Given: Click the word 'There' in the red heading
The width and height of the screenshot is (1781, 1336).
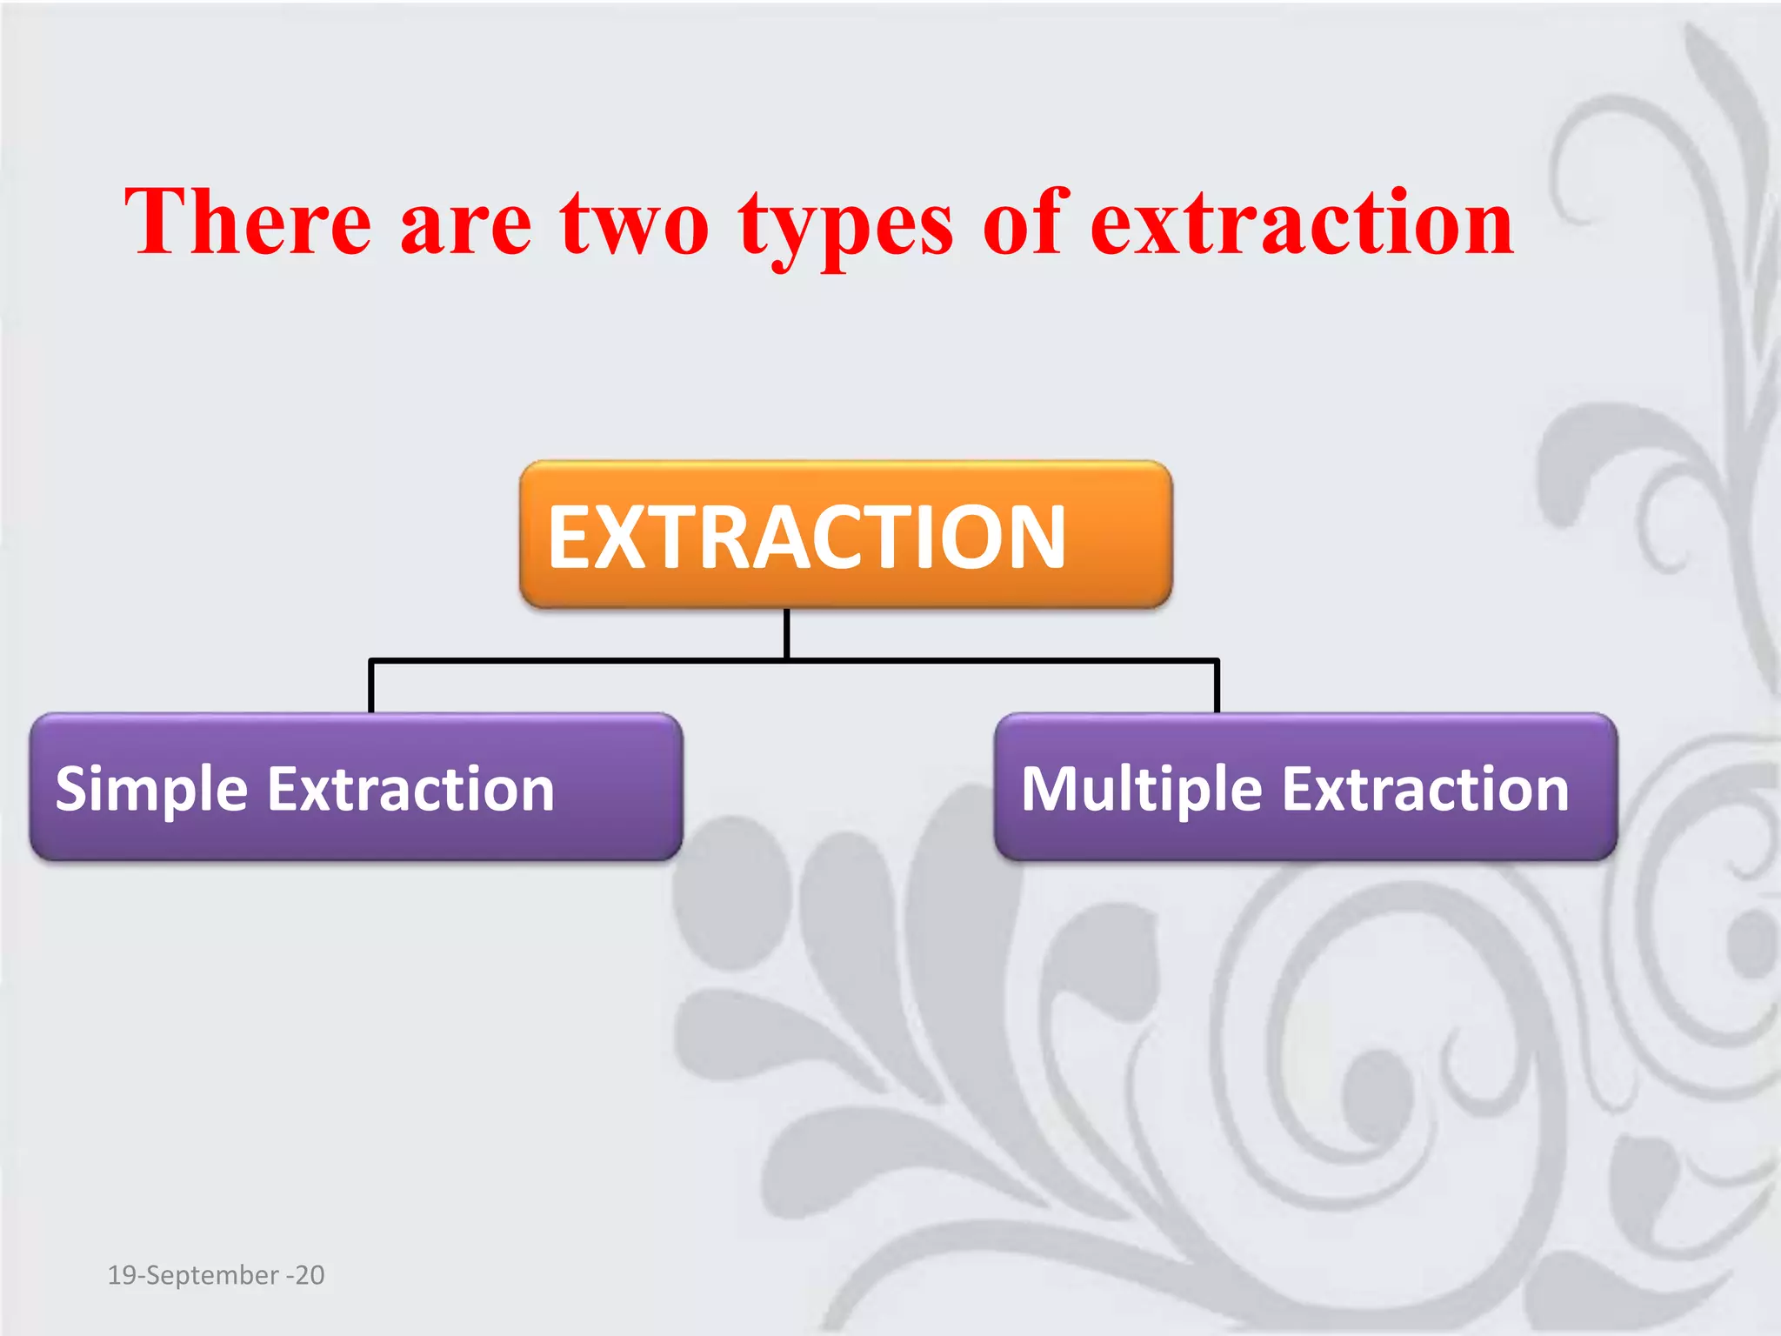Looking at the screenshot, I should pos(248,223).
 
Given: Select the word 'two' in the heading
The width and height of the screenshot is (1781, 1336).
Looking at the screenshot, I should pos(635,224).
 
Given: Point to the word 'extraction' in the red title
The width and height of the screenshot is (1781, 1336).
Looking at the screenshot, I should pos(1301,224).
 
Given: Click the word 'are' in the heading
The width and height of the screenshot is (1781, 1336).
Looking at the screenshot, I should pos(465,228).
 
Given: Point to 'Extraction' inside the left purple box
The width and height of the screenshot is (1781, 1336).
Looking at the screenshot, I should pos(410,790).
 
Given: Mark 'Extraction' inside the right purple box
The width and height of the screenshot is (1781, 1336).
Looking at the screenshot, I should pos(1425,790).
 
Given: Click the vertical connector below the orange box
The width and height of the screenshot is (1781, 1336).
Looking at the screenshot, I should pos(786,633).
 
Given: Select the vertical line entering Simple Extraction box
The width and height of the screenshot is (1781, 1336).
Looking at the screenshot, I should pos(371,687).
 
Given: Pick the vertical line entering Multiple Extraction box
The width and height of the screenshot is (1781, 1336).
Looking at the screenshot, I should pos(1217,687).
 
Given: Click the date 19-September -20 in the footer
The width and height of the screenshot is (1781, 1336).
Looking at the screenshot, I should pos(216,1275).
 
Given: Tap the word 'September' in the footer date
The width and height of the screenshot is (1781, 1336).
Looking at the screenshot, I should pos(211,1276).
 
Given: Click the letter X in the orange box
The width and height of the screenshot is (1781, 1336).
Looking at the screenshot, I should pos(621,538).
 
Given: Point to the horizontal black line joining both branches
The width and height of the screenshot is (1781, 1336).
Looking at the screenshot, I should pos(1000,661).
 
